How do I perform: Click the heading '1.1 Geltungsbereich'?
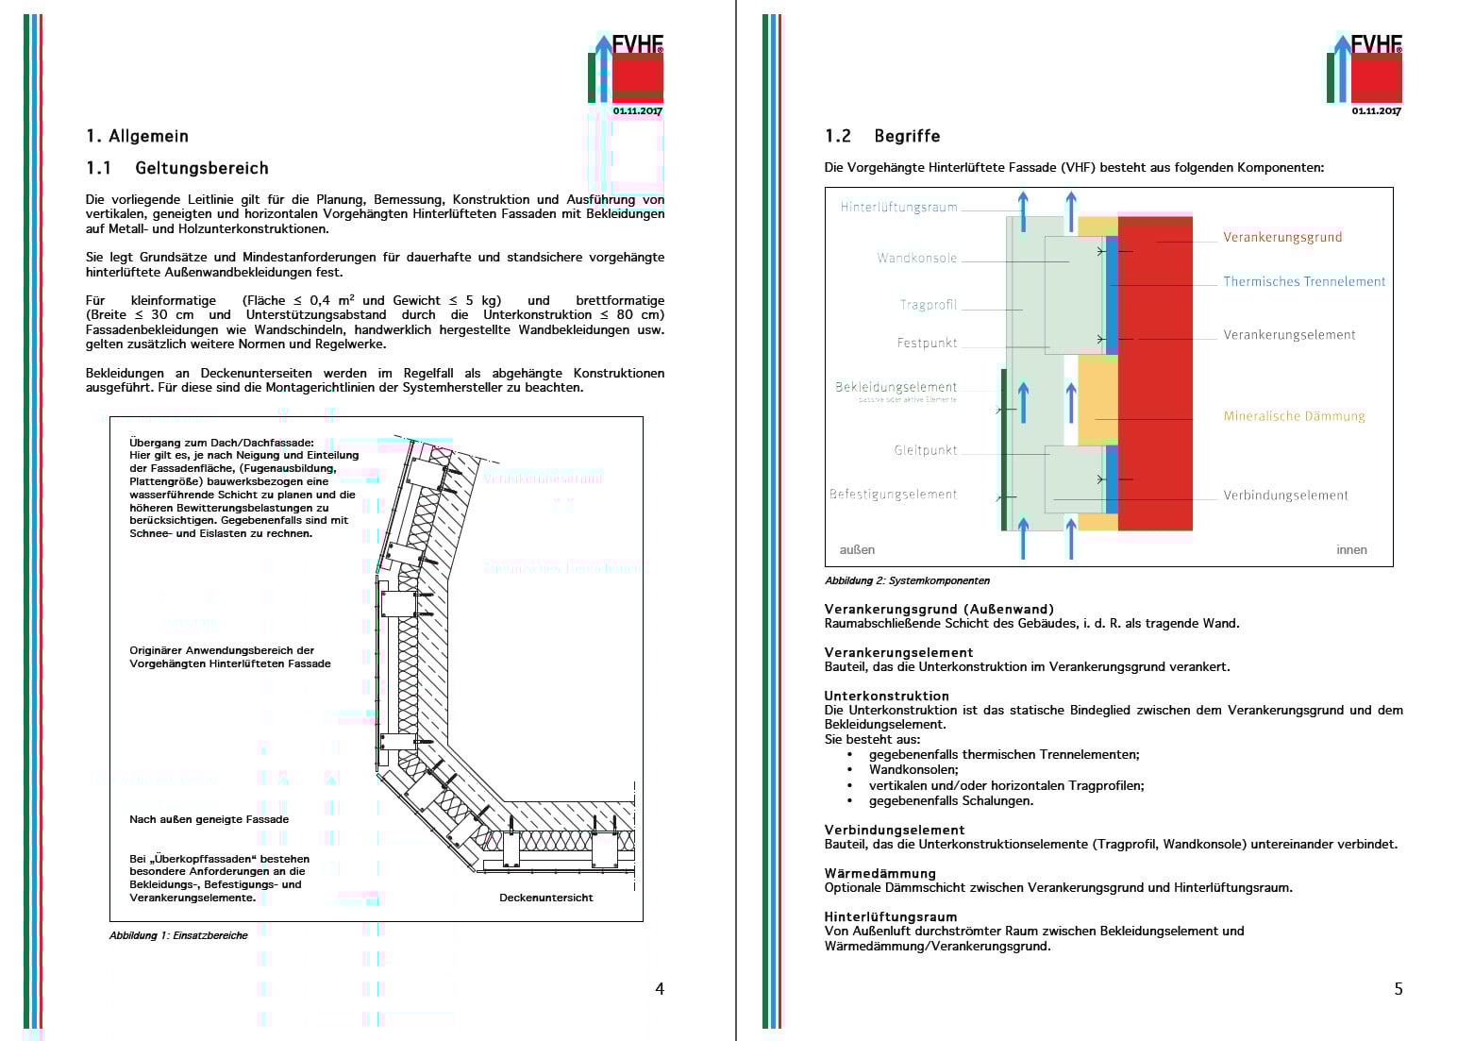[177, 168]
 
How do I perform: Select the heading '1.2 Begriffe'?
[882, 136]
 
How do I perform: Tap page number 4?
[660, 988]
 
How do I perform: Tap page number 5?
[1399, 988]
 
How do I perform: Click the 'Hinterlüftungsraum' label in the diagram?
[898, 208]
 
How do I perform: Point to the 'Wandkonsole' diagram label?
[916, 259]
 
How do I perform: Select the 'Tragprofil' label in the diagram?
[929, 305]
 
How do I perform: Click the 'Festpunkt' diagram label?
[927, 344]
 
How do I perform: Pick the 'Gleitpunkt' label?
[926, 451]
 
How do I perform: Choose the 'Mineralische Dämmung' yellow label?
[1294, 416]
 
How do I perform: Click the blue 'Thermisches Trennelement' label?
[1304, 282]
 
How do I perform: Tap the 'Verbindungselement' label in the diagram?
[1285, 495]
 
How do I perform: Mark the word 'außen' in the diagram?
[857, 550]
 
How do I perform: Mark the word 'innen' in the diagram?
[1351, 550]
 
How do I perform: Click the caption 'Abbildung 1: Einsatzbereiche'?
[178, 935]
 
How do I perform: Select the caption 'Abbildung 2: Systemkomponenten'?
[907, 580]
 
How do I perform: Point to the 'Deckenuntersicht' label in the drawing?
[545, 898]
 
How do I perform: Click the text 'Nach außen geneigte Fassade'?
[209, 819]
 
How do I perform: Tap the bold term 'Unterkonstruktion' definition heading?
[886, 696]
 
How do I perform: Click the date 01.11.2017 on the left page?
[637, 110]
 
